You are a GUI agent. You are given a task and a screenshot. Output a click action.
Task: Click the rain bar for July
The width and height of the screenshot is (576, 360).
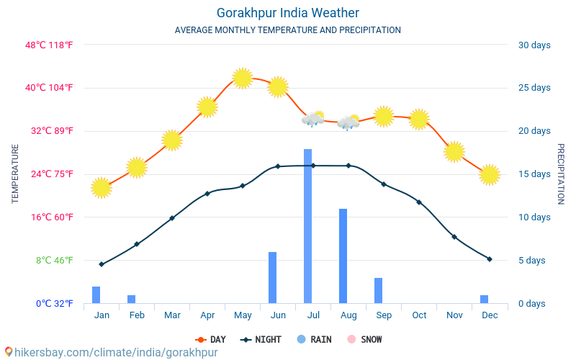click(307, 226)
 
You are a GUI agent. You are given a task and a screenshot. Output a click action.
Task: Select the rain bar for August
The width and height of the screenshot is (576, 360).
click(343, 256)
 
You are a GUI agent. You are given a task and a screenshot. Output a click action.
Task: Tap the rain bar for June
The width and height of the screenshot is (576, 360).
click(272, 277)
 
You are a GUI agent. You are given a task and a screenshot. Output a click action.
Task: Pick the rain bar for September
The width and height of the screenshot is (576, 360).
click(378, 290)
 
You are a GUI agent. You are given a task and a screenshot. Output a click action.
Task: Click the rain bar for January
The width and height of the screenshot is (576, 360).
click(96, 294)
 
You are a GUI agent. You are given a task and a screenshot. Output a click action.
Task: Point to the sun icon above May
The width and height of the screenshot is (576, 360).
click(243, 78)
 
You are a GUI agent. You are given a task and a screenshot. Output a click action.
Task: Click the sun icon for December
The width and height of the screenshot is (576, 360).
click(490, 174)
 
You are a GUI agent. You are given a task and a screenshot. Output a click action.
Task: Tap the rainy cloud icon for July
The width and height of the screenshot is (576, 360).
click(312, 119)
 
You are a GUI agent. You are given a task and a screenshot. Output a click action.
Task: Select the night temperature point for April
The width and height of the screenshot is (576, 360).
click(207, 194)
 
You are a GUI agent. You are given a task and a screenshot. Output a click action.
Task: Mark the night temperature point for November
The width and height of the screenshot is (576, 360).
click(454, 237)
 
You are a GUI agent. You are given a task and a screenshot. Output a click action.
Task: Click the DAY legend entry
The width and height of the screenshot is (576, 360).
click(210, 339)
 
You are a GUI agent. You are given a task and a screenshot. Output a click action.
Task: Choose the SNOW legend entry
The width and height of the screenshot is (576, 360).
click(364, 339)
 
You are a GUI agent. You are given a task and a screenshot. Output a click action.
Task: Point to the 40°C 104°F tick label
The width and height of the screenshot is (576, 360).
click(50, 88)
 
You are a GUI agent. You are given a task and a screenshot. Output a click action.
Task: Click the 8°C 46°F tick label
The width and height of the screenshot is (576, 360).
click(55, 260)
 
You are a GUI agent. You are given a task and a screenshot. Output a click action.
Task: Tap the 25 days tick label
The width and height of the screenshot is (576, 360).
click(534, 88)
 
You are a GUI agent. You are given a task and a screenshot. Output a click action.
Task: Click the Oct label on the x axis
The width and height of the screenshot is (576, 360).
click(419, 315)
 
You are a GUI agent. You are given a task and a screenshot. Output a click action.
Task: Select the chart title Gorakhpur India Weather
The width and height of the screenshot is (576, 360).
click(288, 13)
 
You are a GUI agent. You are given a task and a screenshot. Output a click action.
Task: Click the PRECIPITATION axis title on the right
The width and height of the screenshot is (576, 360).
click(561, 174)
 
